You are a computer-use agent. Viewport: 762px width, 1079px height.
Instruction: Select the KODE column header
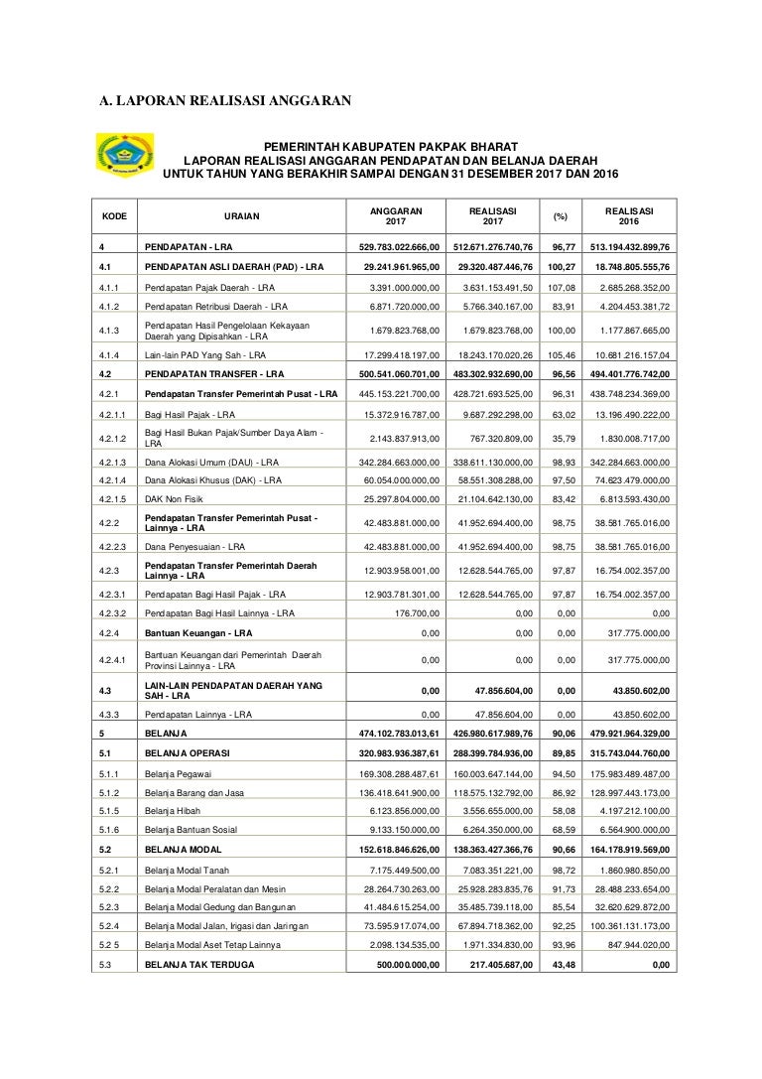tap(114, 215)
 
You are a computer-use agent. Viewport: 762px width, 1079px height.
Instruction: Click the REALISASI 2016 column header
tap(630, 215)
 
